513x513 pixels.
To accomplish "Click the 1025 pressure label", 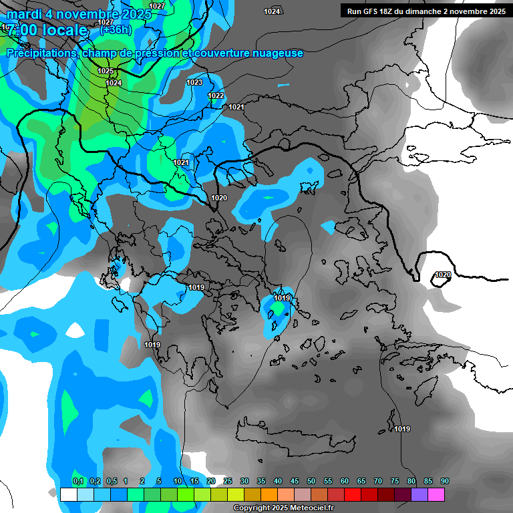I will click(x=106, y=71).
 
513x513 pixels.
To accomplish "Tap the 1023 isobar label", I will click(x=194, y=82).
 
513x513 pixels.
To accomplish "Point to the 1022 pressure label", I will click(x=216, y=96).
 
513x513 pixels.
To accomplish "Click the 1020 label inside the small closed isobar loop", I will click(x=442, y=275).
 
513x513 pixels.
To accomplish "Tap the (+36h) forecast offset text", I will click(x=114, y=29).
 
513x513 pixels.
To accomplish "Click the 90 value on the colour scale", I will click(x=445, y=481).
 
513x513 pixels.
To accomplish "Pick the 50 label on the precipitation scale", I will click(x=311, y=481).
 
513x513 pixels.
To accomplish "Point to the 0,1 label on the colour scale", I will click(x=78, y=481).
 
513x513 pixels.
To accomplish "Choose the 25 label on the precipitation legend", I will click(x=228, y=481).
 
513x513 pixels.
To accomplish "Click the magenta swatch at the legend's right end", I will click(x=436, y=494).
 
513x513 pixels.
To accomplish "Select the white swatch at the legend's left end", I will click(x=68, y=494).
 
